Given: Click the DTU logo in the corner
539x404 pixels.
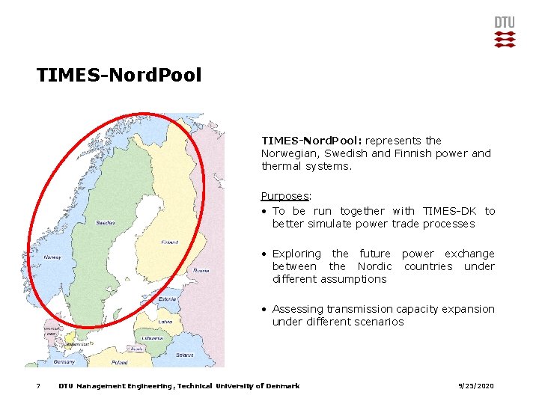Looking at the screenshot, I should click(505, 32).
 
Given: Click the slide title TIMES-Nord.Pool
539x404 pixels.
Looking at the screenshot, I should click(119, 76).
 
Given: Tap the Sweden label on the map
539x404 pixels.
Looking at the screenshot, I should click(106, 222).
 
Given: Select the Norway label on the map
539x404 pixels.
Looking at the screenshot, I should click(52, 257).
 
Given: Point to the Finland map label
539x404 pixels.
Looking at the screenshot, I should click(170, 242).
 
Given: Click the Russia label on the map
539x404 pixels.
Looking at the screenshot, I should click(201, 271).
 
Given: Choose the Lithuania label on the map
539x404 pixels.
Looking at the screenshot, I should click(150, 338).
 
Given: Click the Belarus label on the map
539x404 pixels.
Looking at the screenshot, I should click(184, 355).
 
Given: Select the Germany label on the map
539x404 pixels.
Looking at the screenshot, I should click(64, 361).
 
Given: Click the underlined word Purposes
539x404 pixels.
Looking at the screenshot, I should click(284, 196).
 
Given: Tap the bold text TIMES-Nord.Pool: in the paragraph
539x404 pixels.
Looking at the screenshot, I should click(311, 141).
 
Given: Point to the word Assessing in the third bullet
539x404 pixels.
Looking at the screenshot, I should click(298, 309).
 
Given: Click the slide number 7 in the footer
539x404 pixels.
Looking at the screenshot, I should click(38, 386).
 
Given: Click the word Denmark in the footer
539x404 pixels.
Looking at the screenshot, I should click(282, 386).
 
